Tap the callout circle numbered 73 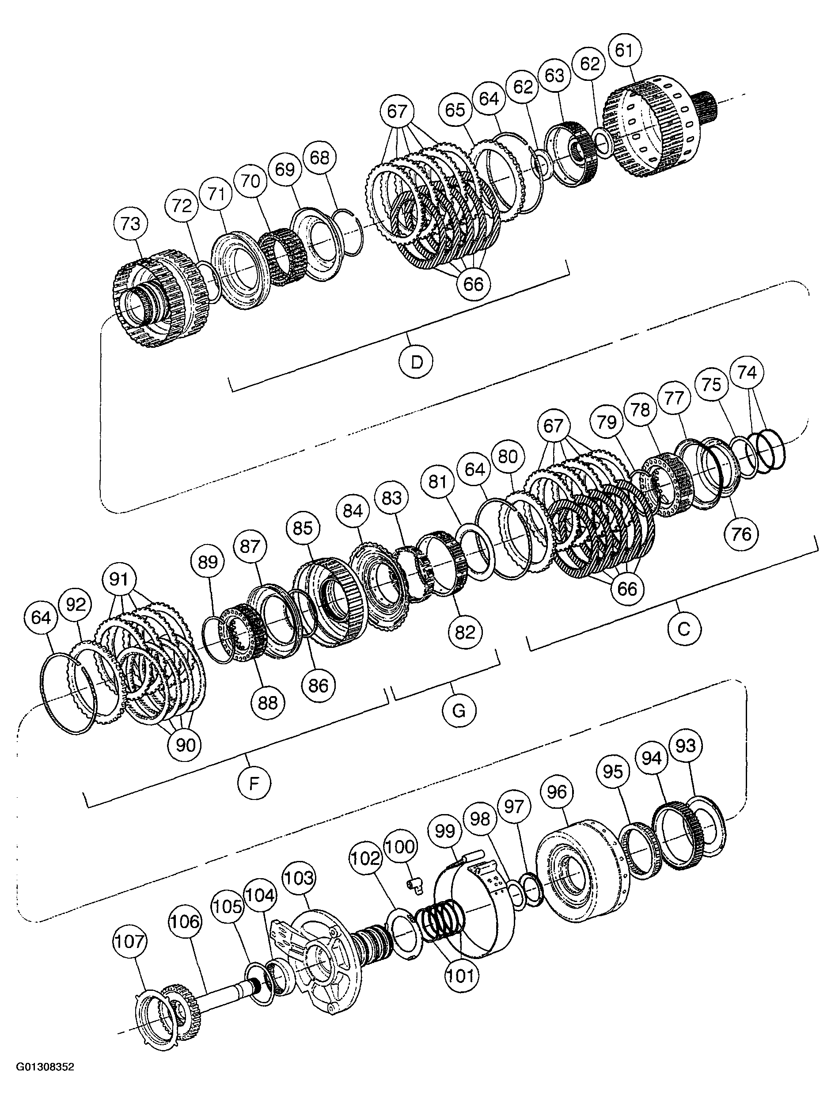coord(131,224)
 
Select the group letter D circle coord(417,362)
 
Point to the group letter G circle coord(459,709)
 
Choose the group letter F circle coord(254,783)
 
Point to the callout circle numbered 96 coord(557,792)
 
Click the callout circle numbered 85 coord(303,529)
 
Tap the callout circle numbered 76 coord(741,534)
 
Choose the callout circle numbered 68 coord(320,158)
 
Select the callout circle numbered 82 coord(465,633)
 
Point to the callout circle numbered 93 coord(686,746)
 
